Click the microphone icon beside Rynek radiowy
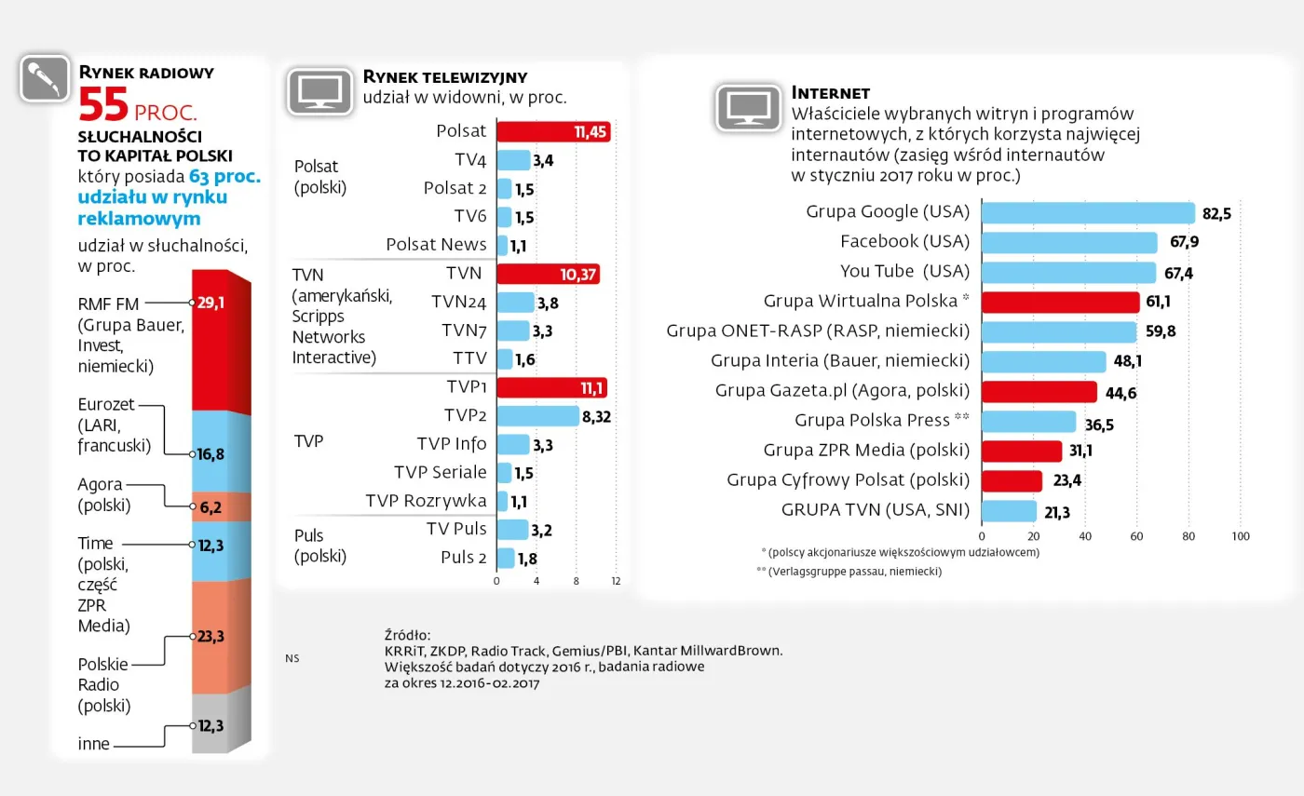[45, 79]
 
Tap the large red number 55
[102, 105]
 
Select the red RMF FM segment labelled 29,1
[222, 340]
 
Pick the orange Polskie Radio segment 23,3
[222, 637]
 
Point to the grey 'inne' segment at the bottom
[222, 724]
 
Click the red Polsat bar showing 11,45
[552, 131]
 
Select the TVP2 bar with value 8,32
[537, 416]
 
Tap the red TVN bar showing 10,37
[548, 274]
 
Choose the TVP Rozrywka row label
[426, 501]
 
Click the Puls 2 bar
[506, 558]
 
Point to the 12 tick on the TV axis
[616, 581]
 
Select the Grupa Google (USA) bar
[1088, 213]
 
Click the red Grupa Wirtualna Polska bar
[1061, 302]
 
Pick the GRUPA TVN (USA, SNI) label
[875, 510]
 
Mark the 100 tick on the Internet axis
[1240, 536]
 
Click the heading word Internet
[830, 93]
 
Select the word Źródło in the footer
[408, 634]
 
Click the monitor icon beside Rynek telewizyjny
[319, 91]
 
